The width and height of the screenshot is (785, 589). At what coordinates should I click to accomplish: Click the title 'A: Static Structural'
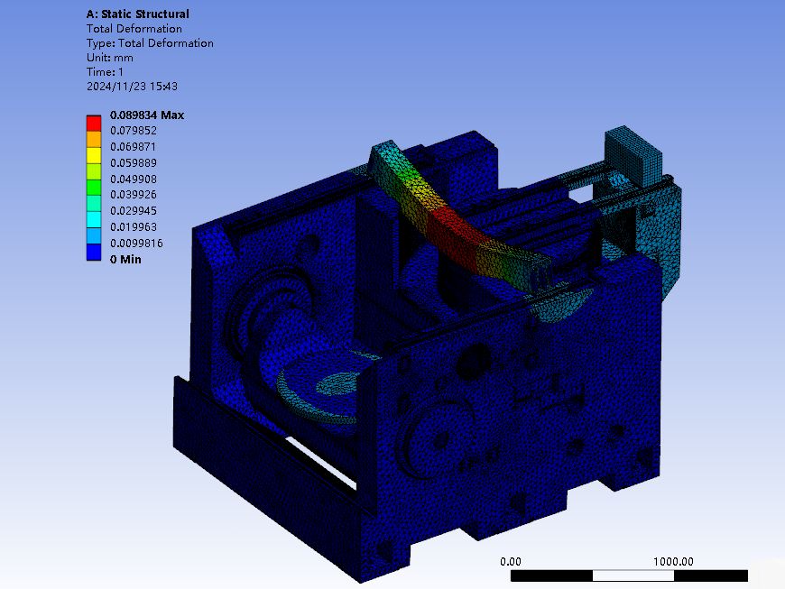tap(138, 14)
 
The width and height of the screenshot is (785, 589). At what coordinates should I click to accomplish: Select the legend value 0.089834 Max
tap(147, 115)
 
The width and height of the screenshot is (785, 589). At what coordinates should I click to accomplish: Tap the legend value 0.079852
tap(134, 131)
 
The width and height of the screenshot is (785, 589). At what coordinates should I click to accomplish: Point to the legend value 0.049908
tap(134, 179)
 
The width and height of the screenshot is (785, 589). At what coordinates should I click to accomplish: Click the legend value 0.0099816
tap(136, 244)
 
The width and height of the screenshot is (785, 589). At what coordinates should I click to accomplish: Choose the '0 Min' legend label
tap(125, 259)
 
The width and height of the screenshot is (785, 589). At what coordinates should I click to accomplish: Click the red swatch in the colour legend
tap(94, 123)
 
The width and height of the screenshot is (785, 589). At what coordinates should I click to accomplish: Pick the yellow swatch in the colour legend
tap(94, 155)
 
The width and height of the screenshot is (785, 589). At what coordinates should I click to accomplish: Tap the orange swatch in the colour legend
tap(94, 139)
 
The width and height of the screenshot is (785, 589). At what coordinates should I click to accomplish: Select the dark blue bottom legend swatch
tap(94, 253)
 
